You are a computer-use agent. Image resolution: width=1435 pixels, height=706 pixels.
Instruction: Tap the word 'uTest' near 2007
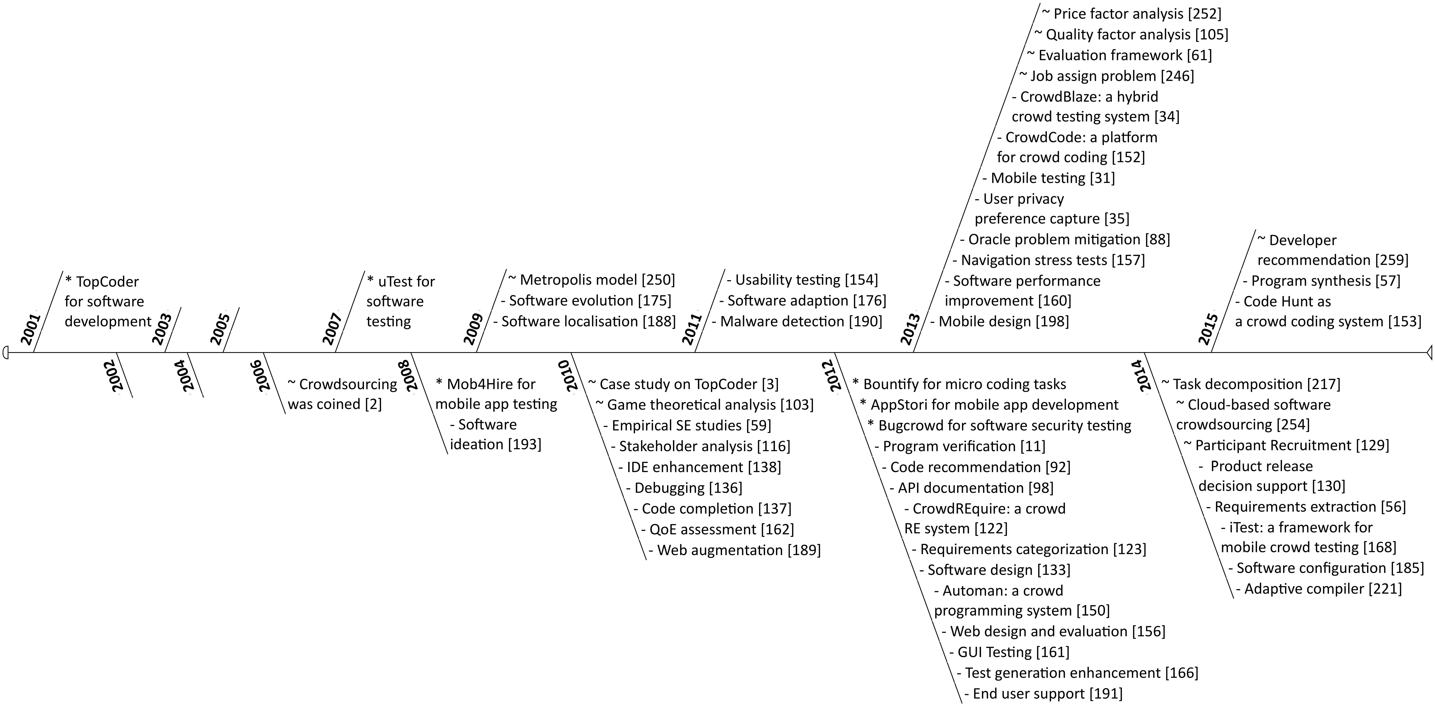[x=391, y=282]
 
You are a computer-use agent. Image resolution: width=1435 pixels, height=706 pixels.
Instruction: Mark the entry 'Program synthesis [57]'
[x=1321, y=281]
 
